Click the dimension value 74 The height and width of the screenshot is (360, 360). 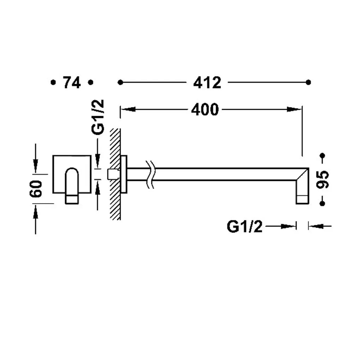[72, 83]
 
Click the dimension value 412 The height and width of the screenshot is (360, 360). [207, 83]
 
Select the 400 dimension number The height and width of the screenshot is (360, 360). [205, 110]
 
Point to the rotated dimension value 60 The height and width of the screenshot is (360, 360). [36, 189]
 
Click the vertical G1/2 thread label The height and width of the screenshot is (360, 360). [98, 117]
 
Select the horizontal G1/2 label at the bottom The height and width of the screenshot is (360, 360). [245, 227]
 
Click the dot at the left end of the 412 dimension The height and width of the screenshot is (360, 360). [120, 82]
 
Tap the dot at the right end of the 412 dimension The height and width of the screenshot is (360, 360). [308, 82]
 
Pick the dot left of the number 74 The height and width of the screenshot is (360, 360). [53, 82]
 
